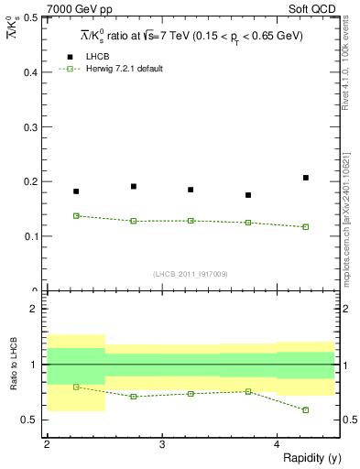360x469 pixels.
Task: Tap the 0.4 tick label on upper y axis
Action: (x=31, y=71)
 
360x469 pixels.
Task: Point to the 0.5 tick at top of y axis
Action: (x=31, y=17)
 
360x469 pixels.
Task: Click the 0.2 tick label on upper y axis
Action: (x=31, y=181)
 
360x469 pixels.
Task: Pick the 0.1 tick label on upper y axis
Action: (x=31, y=236)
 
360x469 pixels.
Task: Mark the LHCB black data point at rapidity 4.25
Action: (x=306, y=178)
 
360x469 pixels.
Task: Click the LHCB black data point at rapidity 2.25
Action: (x=76, y=191)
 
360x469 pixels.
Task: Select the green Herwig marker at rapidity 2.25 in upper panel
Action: (x=76, y=215)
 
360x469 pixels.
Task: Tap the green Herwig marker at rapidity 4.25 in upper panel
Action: (x=306, y=226)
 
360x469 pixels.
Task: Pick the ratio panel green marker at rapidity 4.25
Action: (x=306, y=409)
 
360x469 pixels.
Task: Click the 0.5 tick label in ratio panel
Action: (x=31, y=420)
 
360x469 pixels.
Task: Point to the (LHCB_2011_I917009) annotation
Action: (x=191, y=274)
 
